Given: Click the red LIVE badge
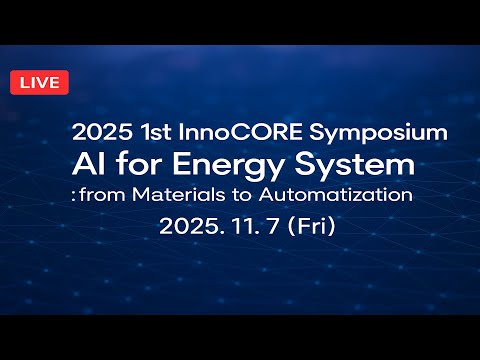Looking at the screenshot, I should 39,82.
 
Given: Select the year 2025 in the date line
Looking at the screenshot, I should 187,226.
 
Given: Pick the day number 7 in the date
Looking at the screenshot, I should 268,226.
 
